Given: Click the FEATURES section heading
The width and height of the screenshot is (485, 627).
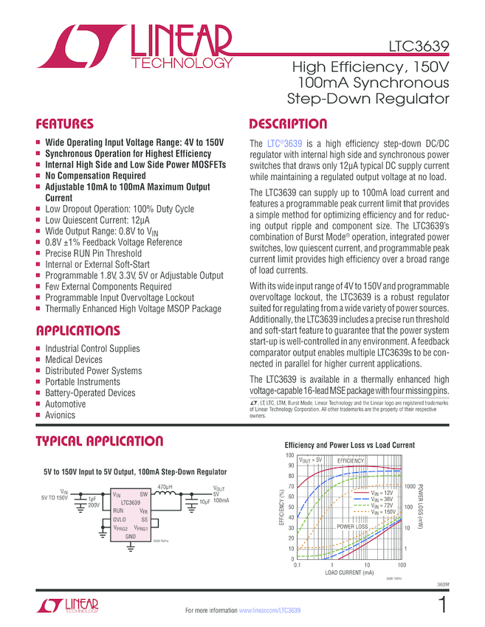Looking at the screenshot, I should click(x=65, y=124).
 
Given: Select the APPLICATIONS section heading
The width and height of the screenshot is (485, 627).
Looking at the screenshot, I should click(x=78, y=330).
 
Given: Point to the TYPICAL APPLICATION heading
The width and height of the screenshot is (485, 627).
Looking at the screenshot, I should click(x=100, y=442).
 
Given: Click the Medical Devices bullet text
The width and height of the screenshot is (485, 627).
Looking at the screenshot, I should click(x=74, y=360).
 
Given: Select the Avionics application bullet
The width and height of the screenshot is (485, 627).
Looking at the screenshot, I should click(x=61, y=415).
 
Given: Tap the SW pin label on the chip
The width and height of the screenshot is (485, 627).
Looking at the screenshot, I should click(x=144, y=493).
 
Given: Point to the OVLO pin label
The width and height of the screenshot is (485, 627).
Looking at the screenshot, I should click(x=119, y=520).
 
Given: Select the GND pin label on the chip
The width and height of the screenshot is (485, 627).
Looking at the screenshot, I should click(x=130, y=536).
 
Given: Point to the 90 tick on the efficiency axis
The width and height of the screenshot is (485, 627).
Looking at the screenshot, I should click(x=290, y=465).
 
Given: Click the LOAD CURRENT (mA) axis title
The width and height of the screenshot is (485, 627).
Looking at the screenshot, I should click(x=348, y=572).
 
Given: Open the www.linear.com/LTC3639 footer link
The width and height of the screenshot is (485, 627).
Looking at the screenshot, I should click(x=270, y=611).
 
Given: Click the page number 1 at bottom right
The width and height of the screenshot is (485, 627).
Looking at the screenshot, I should click(x=442, y=606).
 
